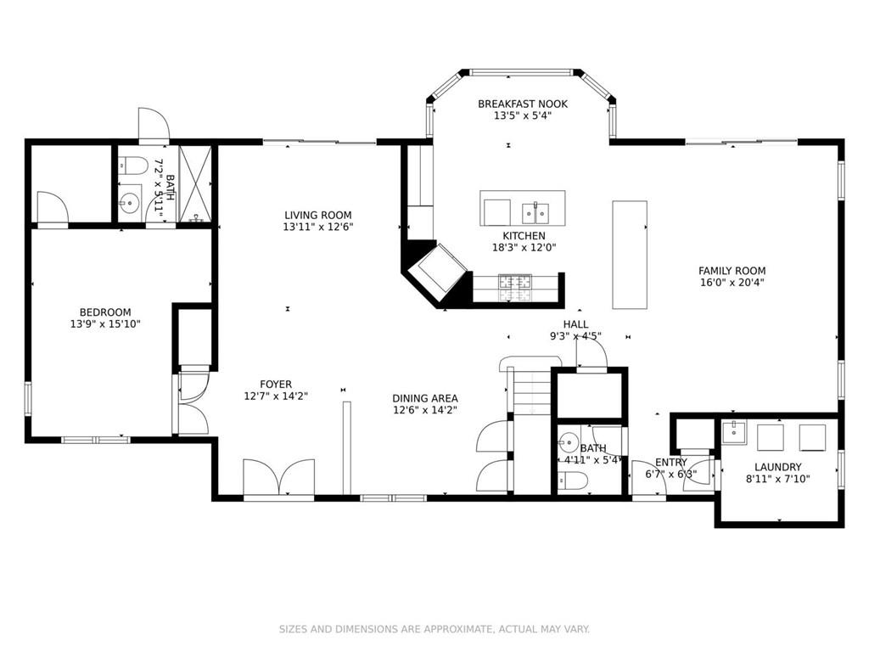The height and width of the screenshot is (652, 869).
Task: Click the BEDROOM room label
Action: (x=105, y=312)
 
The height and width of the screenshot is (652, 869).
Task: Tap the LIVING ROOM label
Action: (x=318, y=215)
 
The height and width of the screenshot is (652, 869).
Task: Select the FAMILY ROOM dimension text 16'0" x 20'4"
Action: (x=732, y=282)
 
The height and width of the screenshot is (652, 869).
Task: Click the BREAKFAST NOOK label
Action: (x=523, y=104)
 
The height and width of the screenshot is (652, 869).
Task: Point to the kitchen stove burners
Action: (x=515, y=288)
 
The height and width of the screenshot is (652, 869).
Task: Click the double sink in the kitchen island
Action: (x=535, y=212)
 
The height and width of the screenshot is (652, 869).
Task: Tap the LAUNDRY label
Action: (x=777, y=467)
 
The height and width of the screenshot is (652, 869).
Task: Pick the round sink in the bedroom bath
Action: (x=130, y=203)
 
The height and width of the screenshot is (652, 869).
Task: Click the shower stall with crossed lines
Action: (x=195, y=184)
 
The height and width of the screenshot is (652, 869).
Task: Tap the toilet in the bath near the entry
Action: (x=571, y=481)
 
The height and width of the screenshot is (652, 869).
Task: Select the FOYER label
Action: (x=276, y=385)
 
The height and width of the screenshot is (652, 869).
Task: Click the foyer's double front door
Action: (x=278, y=477)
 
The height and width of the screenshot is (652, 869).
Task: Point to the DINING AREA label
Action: (x=425, y=398)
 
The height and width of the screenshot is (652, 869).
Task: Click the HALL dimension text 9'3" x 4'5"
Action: (x=576, y=336)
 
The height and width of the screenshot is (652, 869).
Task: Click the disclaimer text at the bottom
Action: (x=434, y=629)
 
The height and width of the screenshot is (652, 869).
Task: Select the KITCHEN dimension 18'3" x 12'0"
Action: (x=524, y=247)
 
